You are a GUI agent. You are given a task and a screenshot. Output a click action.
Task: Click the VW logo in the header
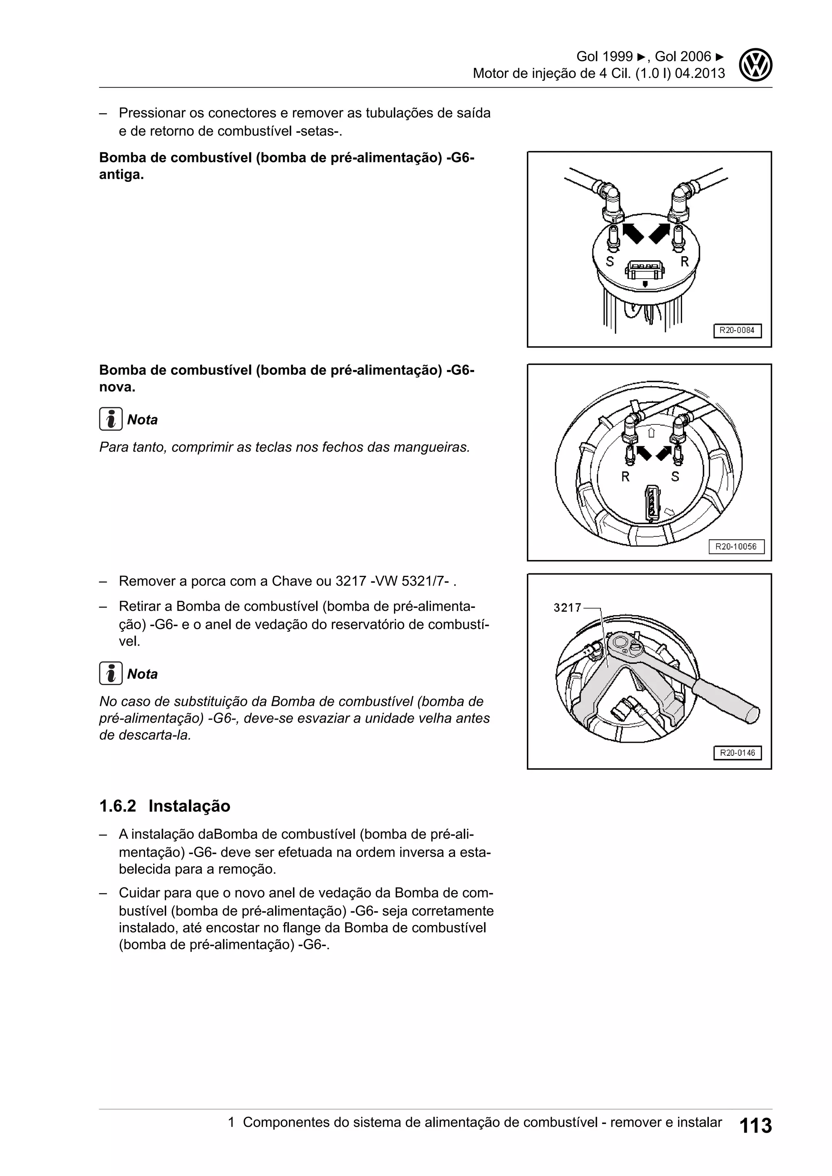coord(756,65)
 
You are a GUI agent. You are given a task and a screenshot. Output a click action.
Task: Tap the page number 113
coord(756,1125)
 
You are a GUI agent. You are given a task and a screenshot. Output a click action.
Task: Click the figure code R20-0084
coord(737,331)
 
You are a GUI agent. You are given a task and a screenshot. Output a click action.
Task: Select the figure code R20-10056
coord(736,547)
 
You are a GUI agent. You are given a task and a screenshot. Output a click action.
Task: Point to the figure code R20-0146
coord(737,753)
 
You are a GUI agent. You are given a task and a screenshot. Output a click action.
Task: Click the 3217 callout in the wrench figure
coord(567,607)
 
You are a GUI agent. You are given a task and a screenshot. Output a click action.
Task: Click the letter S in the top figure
coord(610,262)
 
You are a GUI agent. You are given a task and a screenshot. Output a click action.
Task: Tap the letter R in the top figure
coord(685,262)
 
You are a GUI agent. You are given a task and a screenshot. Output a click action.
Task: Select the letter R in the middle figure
coord(625,477)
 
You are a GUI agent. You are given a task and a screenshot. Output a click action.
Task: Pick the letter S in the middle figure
coord(675,477)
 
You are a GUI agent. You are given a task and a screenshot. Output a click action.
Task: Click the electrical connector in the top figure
coord(646,270)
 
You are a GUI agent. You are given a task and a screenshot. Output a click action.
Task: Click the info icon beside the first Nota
coord(110,419)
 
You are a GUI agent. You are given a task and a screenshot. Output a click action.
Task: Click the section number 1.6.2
coord(117,806)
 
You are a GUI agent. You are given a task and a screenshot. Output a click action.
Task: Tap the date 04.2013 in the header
coord(700,73)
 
